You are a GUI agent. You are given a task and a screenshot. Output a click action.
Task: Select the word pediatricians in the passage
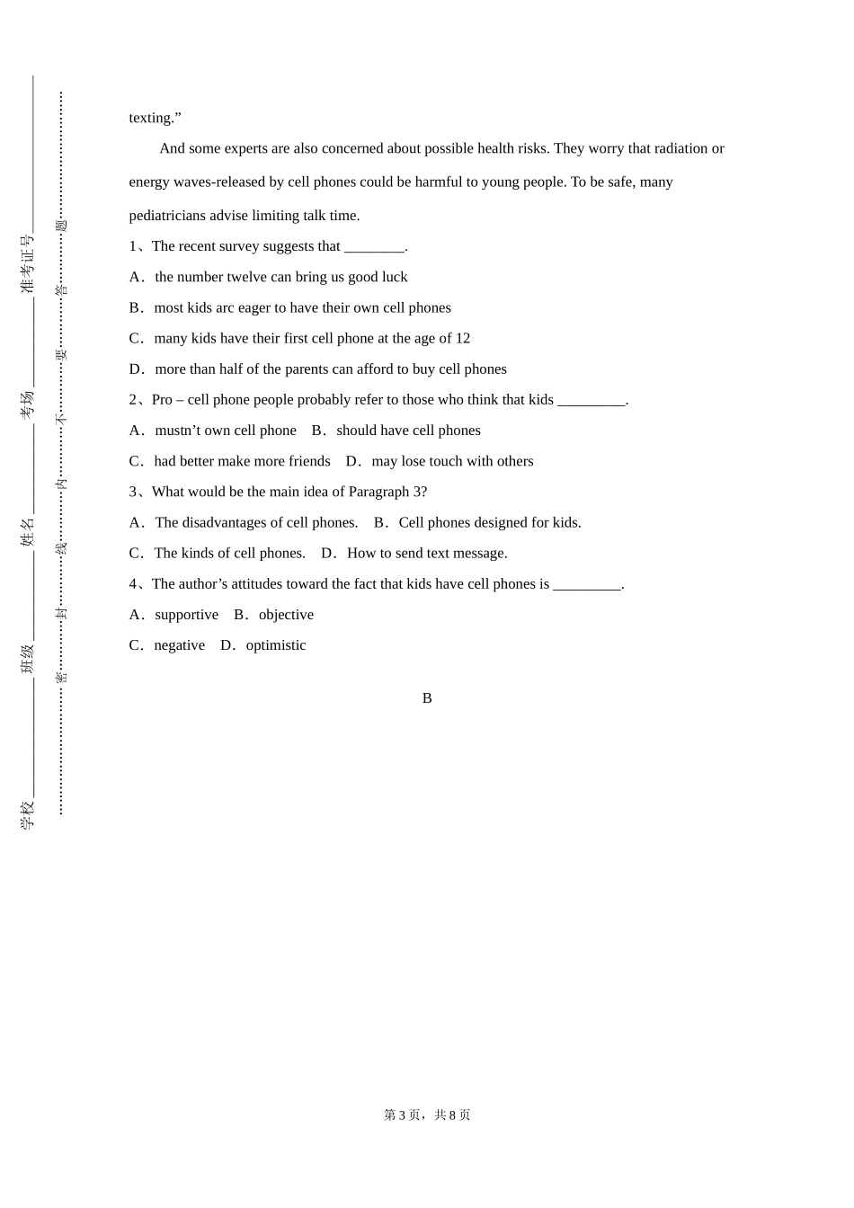[167, 216]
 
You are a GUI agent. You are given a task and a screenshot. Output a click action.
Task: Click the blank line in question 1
[374, 247]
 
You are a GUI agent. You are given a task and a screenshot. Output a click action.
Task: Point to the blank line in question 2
[591, 401]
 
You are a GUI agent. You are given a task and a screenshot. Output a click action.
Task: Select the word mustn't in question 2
[180, 431]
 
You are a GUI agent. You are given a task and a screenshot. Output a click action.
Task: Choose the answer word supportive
[186, 615]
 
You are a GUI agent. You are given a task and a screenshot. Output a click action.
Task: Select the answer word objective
[286, 615]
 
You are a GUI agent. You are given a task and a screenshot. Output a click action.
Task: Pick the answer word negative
[179, 645]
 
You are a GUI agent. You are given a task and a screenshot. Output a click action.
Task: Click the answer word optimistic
[276, 645]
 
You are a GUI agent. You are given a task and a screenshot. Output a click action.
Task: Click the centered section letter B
[427, 698]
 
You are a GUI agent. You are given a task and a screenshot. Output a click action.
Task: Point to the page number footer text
[427, 1115]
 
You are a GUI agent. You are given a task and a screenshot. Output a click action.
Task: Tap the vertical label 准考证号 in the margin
[27, 263]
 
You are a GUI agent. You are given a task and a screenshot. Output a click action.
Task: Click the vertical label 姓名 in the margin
[27, 531]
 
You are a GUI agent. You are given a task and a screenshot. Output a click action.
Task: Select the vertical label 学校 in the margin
[27, 814]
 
